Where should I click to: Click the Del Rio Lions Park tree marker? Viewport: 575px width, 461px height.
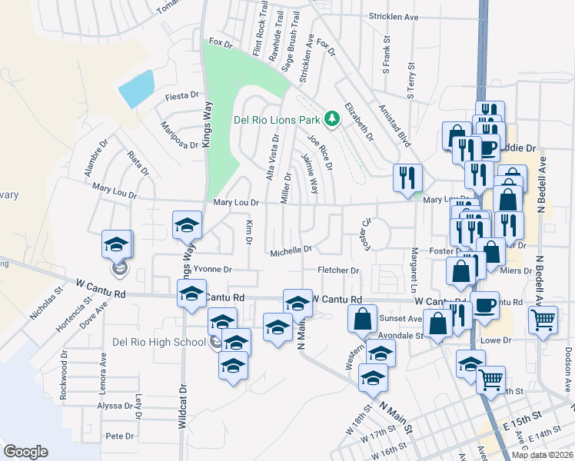click(x=332, y=118)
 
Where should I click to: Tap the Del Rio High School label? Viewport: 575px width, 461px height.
click(x=159, y=342)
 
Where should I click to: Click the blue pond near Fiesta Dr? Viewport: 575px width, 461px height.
click(x=137, y=89)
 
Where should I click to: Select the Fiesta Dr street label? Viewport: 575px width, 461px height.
click(x=182, y=97)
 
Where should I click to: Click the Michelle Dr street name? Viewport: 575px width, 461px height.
click(x=291, y=250)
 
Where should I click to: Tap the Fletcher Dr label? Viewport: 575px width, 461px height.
click(x=338, y=270)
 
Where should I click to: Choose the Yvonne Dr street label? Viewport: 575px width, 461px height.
click(x=211, y=270)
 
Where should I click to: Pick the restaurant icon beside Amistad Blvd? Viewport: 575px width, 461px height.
click(x=407, y=177)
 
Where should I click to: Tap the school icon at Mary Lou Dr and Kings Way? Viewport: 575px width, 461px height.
click(x=186, y=224)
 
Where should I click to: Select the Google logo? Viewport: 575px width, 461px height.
click(x=25, y=452)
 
